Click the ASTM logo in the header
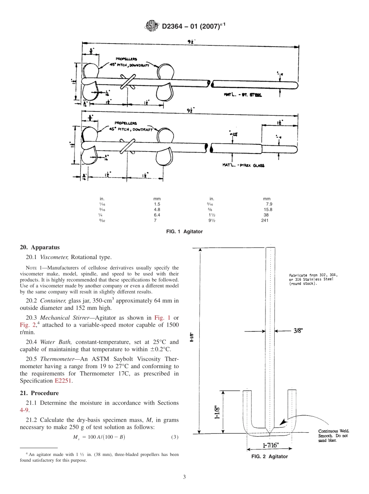pyautogui.click(x=151, y=26)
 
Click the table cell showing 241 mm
pyautogui.click(x=266, y=220)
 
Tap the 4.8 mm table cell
pyautogui.click(x=157, y=209)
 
